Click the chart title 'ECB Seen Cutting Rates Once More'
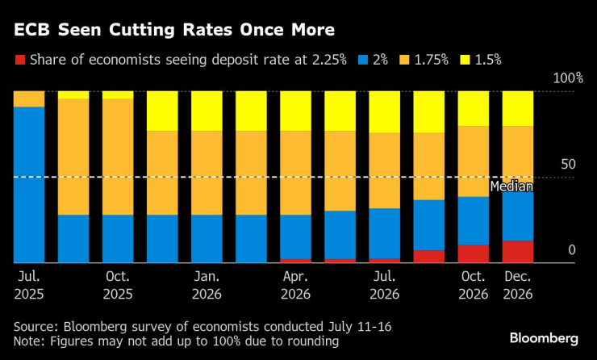coord(173,30)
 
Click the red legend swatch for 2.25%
coord(20,59)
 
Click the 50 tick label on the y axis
coord(568,165)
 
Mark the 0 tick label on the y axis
coord(572,250)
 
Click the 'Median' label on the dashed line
coord(511,186)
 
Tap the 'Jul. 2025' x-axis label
coord(29,287)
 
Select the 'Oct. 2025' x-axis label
coord(118,287)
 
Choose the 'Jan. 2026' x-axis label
coord(207,287)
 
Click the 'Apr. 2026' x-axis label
coord(295,287)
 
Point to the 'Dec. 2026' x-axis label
coord(517,287)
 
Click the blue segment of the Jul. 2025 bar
coord(29,184)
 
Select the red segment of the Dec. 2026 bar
coord(517,252)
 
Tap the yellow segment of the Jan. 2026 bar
coord(207,111)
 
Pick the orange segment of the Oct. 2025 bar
coord(118,157)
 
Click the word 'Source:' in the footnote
coord(37,326)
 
